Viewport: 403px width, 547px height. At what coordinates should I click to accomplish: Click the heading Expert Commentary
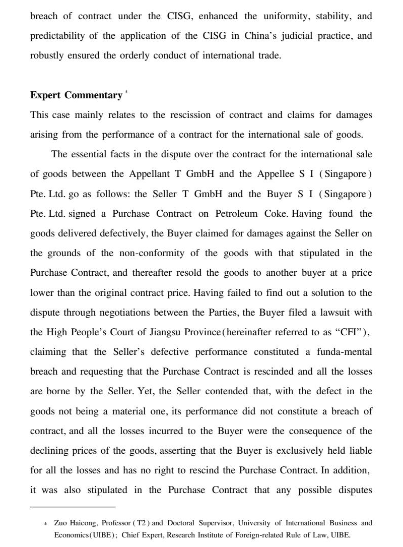[x=76, y=95]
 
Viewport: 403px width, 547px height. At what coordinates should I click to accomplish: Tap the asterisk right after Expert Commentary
[x=126, y=92]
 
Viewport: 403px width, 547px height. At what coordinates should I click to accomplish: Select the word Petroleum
[x=237, y=213]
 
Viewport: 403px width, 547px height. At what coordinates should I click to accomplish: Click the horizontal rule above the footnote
[x=73, y=506]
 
